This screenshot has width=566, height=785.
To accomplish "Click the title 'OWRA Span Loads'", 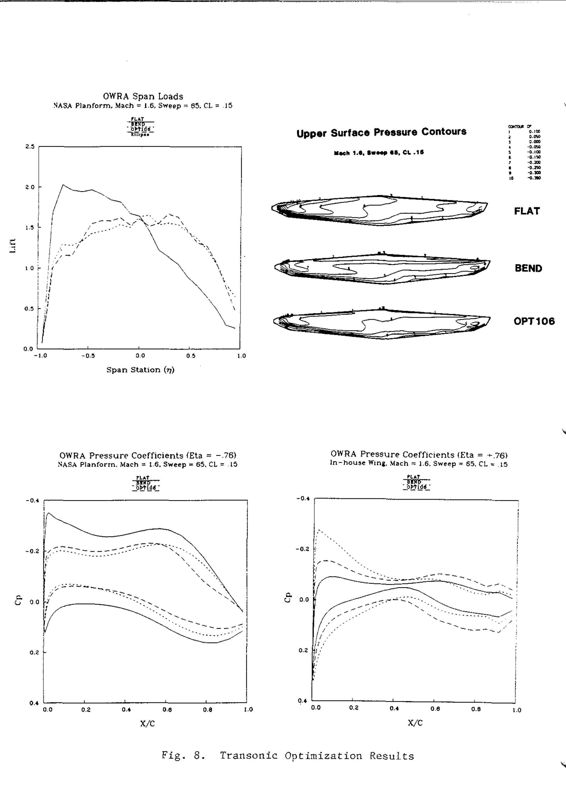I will pos(143,97).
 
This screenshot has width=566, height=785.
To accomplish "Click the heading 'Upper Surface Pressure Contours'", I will pos(381,132).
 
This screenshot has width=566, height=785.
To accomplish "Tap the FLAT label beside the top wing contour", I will pos(527,211).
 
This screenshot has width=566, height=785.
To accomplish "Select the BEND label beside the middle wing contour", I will pos(528,268).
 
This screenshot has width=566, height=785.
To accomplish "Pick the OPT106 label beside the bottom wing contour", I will pos(534,321).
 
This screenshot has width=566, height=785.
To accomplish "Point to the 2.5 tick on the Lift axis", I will pos(30,147).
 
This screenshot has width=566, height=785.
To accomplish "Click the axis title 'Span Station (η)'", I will pos(140,370).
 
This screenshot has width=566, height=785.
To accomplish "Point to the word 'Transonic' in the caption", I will pos(249,755).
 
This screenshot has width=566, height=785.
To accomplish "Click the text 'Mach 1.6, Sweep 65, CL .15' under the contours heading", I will pos(379,153).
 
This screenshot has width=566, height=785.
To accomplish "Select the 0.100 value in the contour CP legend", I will pos(534,132).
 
